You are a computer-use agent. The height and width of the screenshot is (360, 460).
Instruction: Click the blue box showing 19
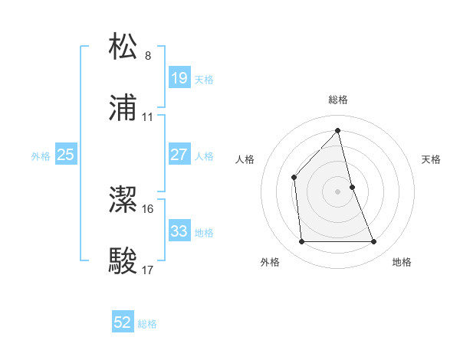pos(179,78)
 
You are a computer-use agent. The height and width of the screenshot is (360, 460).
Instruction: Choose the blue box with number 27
pos(179,155)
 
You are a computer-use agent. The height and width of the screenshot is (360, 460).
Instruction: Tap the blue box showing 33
pos(179,231)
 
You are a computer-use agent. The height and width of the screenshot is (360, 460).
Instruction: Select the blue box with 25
pos(66,155)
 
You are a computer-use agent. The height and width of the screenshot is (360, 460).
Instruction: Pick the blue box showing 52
pos(123,322)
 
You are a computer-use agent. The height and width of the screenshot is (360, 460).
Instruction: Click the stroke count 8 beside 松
pos(148,56)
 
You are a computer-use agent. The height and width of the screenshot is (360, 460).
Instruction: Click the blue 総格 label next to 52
pos(147,324)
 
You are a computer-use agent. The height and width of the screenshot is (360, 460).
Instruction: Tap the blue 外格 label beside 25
pos(41,156)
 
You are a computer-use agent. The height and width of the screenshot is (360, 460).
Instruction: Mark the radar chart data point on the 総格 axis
pos(337,130)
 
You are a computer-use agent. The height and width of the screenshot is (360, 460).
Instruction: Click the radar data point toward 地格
pos(374,242)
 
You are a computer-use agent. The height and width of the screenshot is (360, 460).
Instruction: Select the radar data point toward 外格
pos(301,242)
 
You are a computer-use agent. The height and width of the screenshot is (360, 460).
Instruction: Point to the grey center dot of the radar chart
pos(337,191)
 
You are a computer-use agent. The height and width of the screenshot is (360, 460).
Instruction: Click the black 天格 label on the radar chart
pos(432,159)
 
